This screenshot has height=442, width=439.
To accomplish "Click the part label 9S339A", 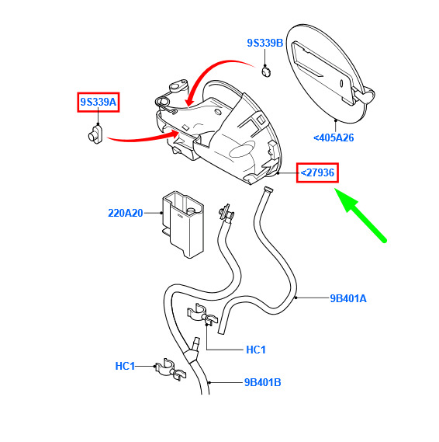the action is tap(99, 102).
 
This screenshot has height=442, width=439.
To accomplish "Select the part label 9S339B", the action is tap(265, 43).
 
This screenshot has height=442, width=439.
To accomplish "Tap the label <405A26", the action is tap(334, 137).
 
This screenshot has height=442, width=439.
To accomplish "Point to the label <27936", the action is tap(317, 172).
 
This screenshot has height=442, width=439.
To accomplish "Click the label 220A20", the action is tap(126, 213).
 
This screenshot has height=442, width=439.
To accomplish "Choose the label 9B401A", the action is tap(348, 298).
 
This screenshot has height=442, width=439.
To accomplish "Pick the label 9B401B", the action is tap(263, 382).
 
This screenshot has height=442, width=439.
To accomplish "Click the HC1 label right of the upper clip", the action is tap(256, 350).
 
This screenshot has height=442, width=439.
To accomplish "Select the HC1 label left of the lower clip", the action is tap(125, 366).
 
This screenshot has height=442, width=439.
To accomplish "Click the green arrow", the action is tap(361, 215).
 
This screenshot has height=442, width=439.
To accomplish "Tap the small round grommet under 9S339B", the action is tap(266, 71).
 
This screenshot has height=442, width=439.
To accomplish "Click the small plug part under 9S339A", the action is tap(95, 134).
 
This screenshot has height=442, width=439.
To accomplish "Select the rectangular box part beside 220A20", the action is tap(182, 224).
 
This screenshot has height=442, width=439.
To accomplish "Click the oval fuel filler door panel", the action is tap(327, 74).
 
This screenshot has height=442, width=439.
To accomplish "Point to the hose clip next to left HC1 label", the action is tap(171, 370).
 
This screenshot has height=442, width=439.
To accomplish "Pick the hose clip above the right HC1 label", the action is tap(202, 315).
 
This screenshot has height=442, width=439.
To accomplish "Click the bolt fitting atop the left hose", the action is tap(226, 213).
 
